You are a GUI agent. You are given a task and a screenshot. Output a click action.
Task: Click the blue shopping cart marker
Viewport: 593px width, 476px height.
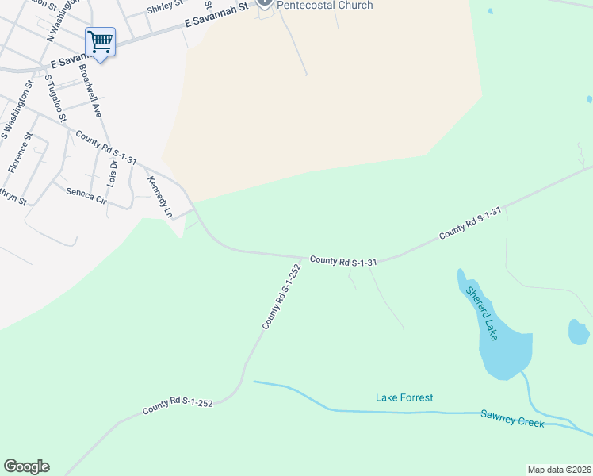pyautogui.click(x=100, y=41)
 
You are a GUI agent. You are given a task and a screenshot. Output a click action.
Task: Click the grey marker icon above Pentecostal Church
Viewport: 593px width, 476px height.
pyautogui.click(x=265, y=3)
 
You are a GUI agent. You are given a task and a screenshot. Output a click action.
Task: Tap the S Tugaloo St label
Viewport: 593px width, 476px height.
pyautogui.click(x=55, y=99)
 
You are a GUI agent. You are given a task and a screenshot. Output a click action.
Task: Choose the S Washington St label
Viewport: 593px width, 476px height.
pyautogui.click(x=16, y=111)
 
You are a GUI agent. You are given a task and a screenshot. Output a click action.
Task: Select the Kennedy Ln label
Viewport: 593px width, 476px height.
pyautogui.click(x=159, y=198)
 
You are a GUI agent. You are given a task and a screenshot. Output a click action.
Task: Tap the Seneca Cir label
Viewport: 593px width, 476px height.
pyautogui.click(x=86, y=195)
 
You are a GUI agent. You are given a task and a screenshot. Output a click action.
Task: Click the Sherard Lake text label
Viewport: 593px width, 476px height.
pyautogui.click(x=481, y=314)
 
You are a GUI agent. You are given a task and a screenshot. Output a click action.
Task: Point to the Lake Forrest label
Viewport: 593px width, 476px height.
pyautogui.click(x=404, y=397)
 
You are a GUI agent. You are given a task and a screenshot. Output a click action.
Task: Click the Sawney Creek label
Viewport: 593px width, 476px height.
pyautogui.click(x=512, y=418)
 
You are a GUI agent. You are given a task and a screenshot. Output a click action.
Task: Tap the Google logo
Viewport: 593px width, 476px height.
pyautogui.click(x=26, y=466)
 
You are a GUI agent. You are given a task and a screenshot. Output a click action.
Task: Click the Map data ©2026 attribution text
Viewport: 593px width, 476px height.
pyautogui.click(x=560, y=470)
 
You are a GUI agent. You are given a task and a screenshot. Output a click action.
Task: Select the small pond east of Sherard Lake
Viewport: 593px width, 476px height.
pyautogui.click(x=579, y=332)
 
